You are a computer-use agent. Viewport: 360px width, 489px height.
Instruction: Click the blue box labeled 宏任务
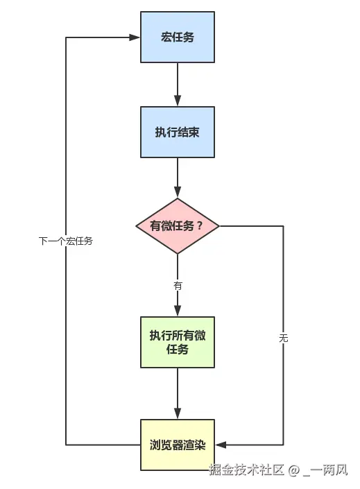click(x=178, y=37)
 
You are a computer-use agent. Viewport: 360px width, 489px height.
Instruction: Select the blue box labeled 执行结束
click(x=178, y=132)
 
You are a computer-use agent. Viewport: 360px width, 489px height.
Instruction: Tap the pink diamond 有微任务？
click(x=178, y=226)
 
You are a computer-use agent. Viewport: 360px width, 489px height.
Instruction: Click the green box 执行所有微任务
click(x=178, y=343)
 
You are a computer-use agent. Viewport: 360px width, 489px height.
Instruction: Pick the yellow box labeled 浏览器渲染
click(x=178, y=445)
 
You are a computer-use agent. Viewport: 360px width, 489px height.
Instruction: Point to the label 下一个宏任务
click(x=66, y=241)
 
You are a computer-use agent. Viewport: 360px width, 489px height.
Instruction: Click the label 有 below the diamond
click(x=178, y=285)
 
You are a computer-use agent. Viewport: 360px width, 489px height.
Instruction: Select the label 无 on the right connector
click(x=283, y=338)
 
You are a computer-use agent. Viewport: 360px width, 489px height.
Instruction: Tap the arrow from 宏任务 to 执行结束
click(x=178, y=83)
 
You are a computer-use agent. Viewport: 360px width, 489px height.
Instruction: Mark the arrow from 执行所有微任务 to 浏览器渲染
click(x=178, y=393)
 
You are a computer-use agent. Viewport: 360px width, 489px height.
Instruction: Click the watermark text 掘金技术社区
click(x=247, y=470)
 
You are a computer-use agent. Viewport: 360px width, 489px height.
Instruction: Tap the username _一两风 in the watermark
click(x=325, y=470)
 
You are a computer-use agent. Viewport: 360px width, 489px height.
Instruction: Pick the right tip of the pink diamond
click(x=219, y=226)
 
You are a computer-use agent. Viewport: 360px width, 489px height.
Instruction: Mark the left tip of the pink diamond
click(x=136, y=226)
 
